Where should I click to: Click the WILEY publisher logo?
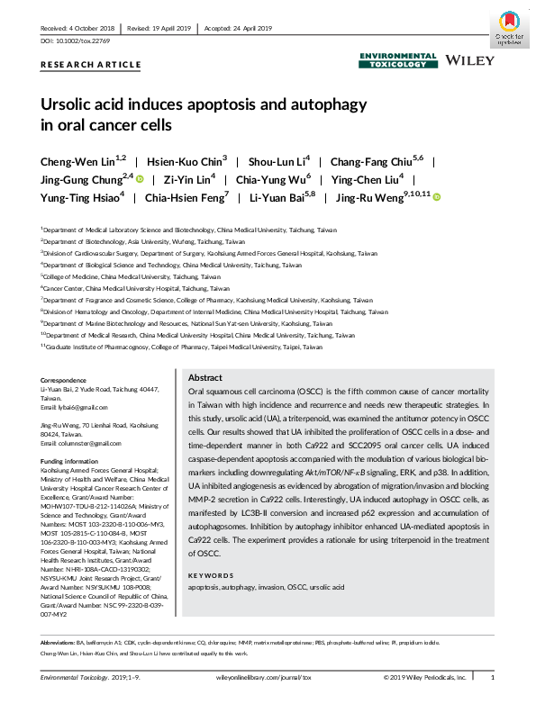(x=469, y=60)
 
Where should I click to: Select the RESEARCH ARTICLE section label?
(x=91, y=65)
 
